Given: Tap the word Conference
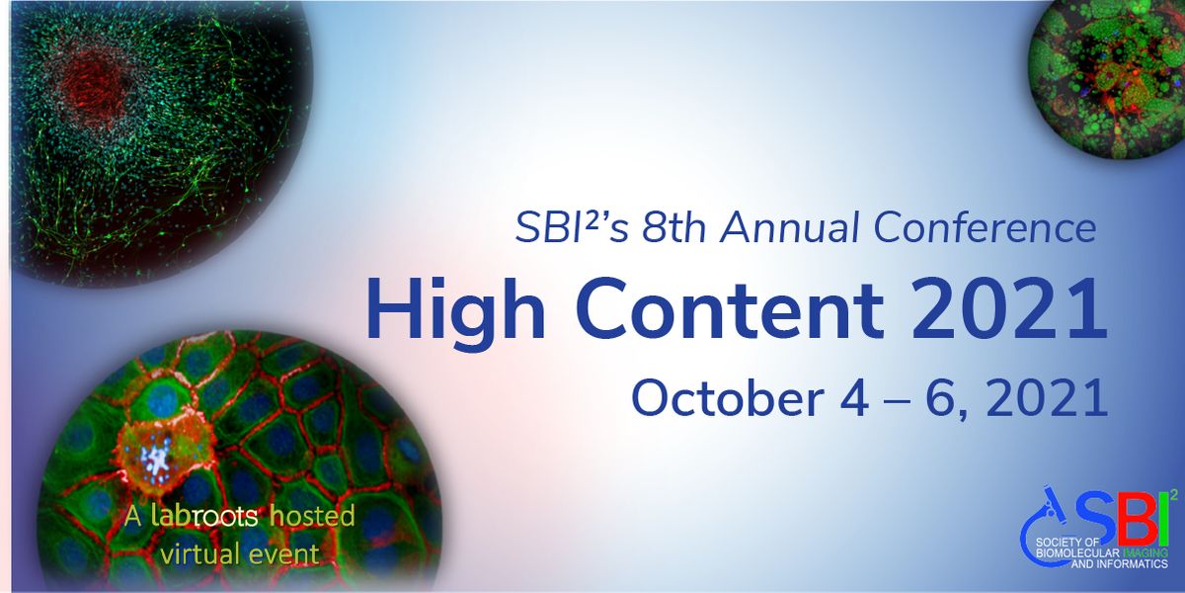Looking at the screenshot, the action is click(x=985, y=227).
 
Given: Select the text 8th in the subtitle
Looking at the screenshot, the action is click(x=673, y=227).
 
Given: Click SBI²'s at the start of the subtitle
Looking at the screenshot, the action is click(x=572, y=227).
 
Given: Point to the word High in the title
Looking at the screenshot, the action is click(x=455, y=310).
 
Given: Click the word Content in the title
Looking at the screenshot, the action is click(x=730, y=308).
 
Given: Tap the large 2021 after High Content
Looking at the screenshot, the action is click(x=1009, y=308).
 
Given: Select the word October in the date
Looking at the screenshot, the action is click(x=728, y=398).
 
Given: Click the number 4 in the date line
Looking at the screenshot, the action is click(x=854, y=398).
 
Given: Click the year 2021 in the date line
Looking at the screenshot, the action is click(x=1048, y=398).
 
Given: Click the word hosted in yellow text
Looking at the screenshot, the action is click(x=312, y=516).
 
